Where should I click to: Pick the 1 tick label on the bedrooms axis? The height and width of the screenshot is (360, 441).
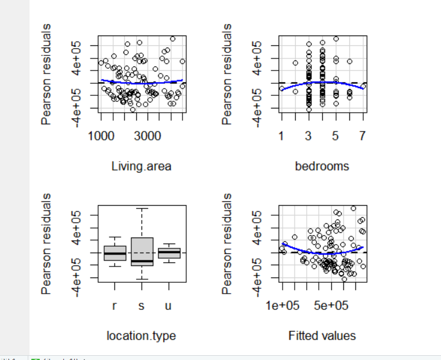pos(282,136)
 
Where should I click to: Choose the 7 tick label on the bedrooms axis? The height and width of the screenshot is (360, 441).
pos(362,136)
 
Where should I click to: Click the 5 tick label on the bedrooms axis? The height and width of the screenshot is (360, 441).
pos(335,136)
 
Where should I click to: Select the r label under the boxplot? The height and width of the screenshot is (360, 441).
pos(115,306)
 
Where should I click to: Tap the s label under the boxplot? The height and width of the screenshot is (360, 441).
pos(142,306)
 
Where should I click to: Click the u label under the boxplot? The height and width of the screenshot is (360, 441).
pos(168,306)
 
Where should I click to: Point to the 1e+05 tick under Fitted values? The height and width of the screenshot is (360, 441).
pos(284,306)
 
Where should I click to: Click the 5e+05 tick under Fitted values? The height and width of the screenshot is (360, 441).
pos(331,306)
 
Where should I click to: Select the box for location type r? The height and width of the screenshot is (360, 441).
pos(115,253)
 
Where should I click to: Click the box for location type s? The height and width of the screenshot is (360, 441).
pos(142,251)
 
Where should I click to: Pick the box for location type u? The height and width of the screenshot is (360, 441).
pos(168,253)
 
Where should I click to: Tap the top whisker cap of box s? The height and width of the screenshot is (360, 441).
pos(142,209)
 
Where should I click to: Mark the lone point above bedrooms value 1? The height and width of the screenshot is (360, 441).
pos(282,89)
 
